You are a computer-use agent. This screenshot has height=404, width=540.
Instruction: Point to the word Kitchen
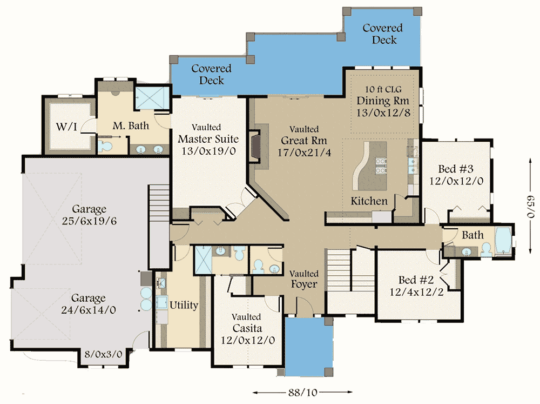click(369, 201)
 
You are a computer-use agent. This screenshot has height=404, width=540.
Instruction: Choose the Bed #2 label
click(416, 280)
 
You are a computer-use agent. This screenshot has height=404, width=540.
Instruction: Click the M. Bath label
click(131, 126)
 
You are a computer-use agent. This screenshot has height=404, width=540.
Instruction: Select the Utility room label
click(184, 305)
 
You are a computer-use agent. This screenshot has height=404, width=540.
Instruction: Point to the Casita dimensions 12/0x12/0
click(248, 340)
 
